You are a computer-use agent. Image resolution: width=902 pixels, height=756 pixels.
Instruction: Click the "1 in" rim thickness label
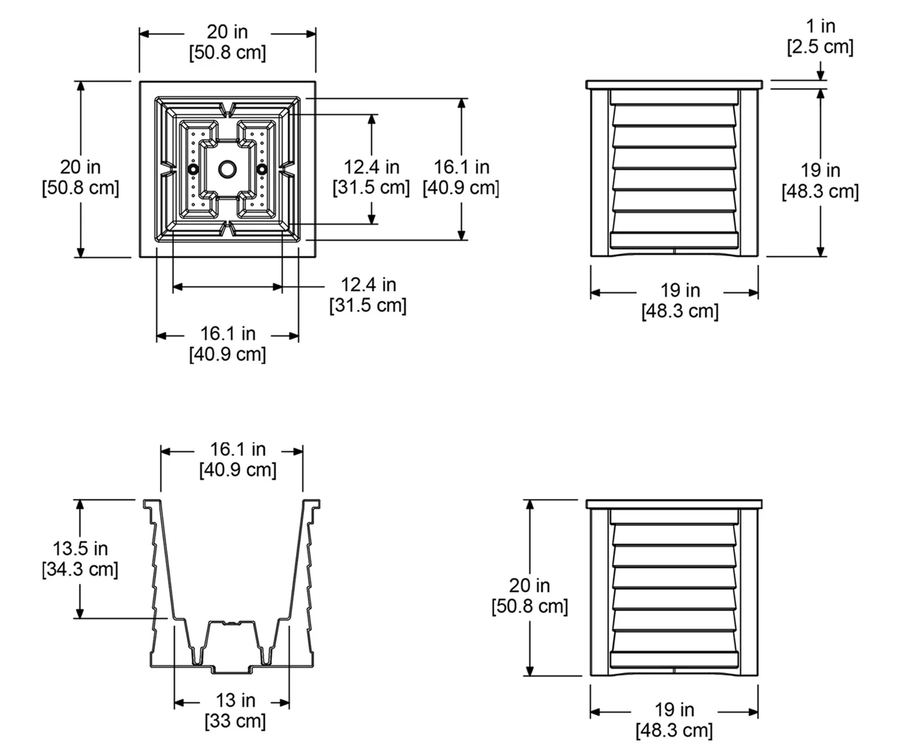(820, 27)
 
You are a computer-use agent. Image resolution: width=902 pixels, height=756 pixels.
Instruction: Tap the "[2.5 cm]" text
(820, 47)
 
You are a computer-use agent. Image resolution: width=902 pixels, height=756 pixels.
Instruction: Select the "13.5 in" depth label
(80, 548)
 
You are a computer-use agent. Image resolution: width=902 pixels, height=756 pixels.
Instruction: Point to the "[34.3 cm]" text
(80, 569)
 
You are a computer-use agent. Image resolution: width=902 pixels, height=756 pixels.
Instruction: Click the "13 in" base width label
(235, 700)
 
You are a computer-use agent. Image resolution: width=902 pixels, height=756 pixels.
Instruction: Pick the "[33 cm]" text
(235, 721)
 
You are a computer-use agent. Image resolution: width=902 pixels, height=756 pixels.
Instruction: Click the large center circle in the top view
(228, 169)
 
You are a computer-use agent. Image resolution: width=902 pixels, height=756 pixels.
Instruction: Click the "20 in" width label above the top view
(227, 32)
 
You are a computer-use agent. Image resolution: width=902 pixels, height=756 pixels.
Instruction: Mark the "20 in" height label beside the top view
(80, 167)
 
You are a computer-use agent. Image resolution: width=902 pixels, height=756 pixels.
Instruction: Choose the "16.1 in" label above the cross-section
(237, 449)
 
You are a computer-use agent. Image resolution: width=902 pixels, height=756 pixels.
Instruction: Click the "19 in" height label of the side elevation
(820, 171)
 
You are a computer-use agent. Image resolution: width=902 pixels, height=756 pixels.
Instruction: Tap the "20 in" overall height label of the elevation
(529, 585)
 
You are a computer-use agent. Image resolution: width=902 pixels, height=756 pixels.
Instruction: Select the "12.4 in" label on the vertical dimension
(371, 167)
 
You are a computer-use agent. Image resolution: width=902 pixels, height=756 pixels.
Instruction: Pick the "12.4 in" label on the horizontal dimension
(369, 285)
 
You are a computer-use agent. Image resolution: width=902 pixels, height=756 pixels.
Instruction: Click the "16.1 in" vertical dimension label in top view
(462, 167)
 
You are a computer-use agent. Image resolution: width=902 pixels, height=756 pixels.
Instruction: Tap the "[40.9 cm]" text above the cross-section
(237, 470)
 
